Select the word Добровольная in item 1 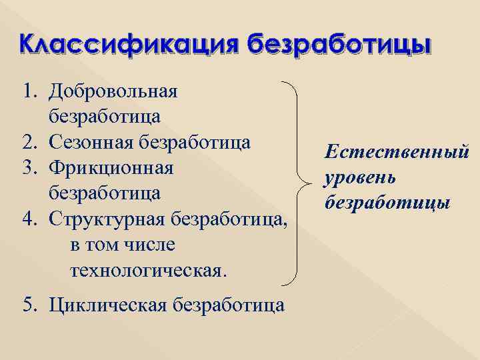[113, 91]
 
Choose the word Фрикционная [111, 168]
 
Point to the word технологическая [147, 271]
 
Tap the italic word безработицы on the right [388, 201]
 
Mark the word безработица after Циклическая [229, 305]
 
